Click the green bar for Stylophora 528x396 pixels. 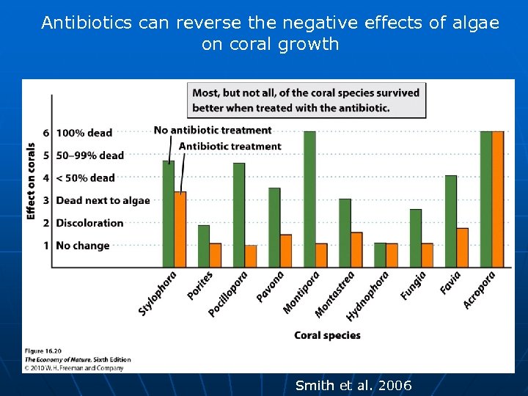(x=169, y=213)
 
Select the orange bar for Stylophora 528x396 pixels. (x=180, y=229)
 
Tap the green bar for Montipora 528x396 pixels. (x=309, y=199)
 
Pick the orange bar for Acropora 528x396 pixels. (x=498, y=199)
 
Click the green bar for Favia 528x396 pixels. (x=451, y=221)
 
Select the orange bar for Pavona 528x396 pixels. (x=286, y=251)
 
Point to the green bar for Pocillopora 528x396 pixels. (x=239, y=215)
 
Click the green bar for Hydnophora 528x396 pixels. (x=380, y=254)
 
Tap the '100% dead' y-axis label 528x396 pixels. (x=84, y=133)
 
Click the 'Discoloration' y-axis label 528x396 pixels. (x=89, y=223)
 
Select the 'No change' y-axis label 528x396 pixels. (x=82, y=246)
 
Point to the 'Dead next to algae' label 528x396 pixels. (x=103, y=200)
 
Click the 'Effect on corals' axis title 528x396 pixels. (x=31, y=180)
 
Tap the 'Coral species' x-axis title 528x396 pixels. (x=327, y=335)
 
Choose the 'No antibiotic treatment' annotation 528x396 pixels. (x=213, y=131)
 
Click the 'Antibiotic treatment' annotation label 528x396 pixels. (x=230, y=146)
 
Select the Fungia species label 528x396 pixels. (x=414, y=286)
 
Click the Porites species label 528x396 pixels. (x=200, y=285)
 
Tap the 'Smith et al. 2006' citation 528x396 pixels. (x=353, y=386)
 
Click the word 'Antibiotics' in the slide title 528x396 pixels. (x=87, y=23)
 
